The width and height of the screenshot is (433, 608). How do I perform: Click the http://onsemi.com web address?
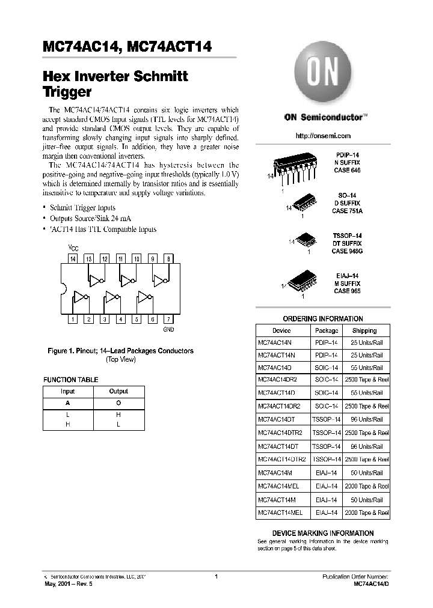[x=323, y=136]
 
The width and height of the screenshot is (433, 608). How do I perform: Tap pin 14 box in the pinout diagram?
[x=73, y=259]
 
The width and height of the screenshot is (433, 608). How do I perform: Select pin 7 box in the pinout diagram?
[x=169, y=320]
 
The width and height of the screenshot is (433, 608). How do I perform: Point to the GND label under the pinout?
[x=169, y=330]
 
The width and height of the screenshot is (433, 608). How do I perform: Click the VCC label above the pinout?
[x=73, y=248]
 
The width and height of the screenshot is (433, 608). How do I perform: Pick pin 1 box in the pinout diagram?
[x=73, y=320]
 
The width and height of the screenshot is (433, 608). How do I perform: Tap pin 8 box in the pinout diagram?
[x=169, y=259]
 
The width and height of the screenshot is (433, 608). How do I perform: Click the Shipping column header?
[x=364, y=330]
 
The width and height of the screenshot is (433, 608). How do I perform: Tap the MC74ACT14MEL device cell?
[x=280, y=513]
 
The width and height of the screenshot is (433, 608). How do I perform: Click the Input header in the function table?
[x=68, y=391]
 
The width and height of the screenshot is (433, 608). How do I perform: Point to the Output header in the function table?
[x=118, y=391]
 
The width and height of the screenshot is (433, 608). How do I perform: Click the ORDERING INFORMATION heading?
[x=323, y=319]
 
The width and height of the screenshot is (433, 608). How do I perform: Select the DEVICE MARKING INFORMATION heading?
[x=323, y=533]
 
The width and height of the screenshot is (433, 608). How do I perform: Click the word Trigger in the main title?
[x=67, y=93]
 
